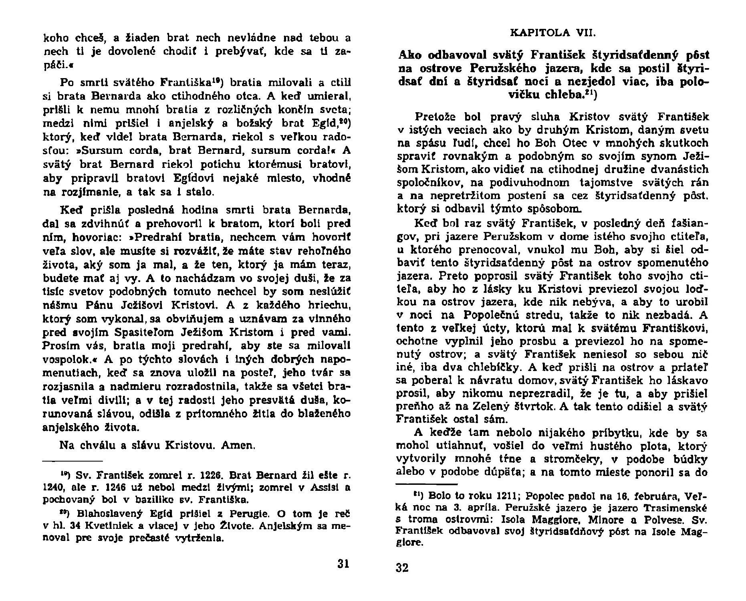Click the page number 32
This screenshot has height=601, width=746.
[402, 568]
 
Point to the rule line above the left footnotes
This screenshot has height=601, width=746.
[73, 460]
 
